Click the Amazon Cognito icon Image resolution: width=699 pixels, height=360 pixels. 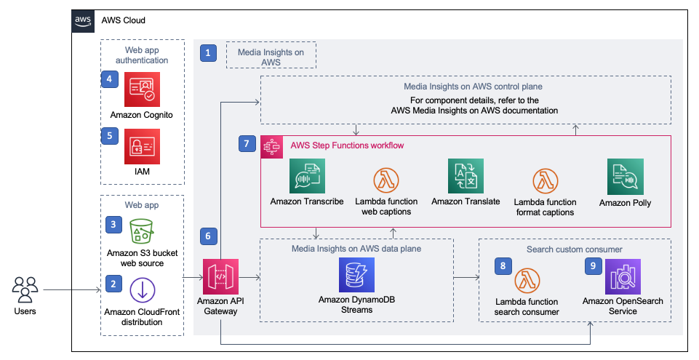click(143, 89)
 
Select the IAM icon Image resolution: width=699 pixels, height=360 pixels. click(143, 147)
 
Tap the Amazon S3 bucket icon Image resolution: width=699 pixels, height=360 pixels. click(143, 232)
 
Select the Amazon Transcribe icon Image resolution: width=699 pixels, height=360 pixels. click(306, 177)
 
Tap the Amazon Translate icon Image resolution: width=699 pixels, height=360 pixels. click(466, 177)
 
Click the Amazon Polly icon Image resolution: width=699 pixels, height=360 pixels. click(625, 177)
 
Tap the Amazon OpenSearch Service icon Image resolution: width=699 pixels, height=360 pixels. click(623, 276)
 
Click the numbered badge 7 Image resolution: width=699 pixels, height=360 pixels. click(247, 144)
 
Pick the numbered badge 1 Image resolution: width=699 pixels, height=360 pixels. click(209, 52)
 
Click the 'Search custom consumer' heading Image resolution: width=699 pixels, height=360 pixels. click(575, 249)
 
